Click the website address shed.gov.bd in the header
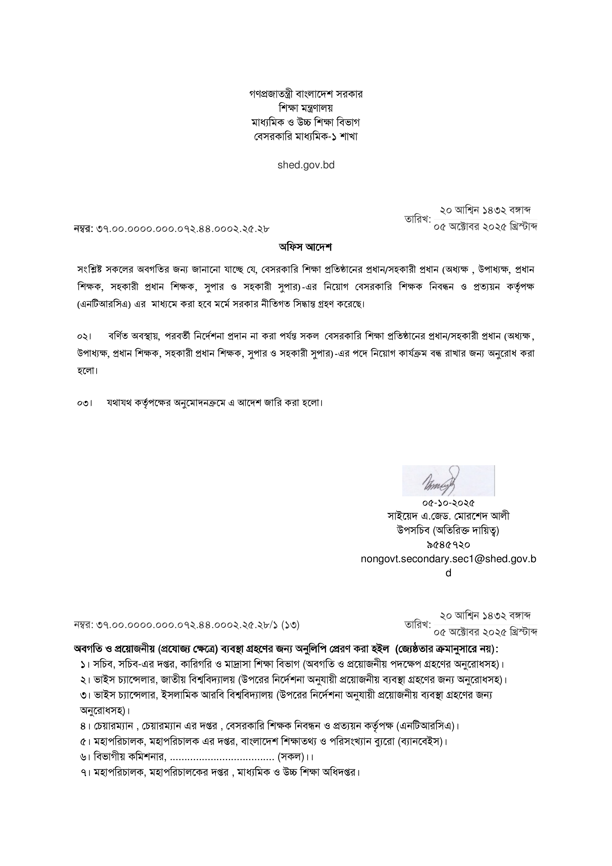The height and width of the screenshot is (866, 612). coord(306,165)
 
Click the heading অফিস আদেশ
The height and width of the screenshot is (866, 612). coord(306,248)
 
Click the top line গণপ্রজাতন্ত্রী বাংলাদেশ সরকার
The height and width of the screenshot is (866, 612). coord(306,94)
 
